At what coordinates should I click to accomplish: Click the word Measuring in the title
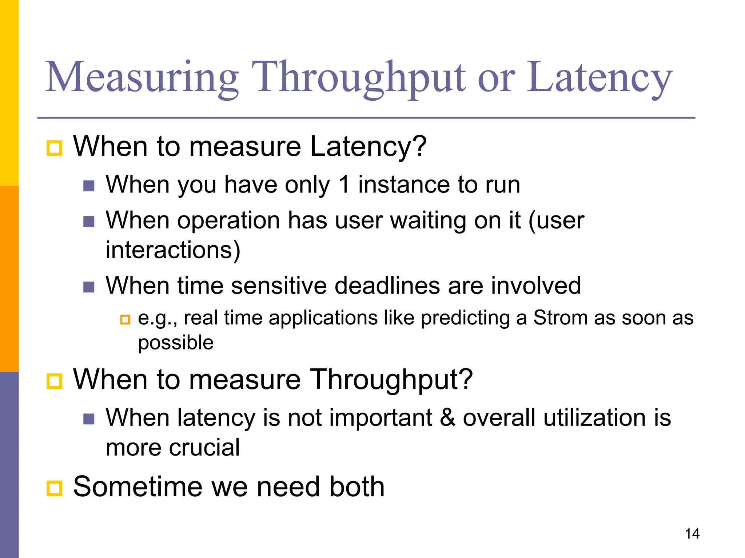142,78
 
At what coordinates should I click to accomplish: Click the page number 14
692,534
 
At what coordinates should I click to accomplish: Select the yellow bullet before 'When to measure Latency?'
55,148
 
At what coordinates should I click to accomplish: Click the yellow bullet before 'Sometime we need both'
55,488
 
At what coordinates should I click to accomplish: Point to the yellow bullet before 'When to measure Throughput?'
55,381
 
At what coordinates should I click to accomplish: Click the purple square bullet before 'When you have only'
89,186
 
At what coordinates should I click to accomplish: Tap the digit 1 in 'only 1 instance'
344,185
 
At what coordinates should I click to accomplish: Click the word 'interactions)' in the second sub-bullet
173,250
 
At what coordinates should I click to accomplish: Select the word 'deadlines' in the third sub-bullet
387,286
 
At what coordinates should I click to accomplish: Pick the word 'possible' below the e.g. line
176,343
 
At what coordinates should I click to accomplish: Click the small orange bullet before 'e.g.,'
125,320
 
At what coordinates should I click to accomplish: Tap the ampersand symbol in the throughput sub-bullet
447,417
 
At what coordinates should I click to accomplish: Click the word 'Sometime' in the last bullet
138,487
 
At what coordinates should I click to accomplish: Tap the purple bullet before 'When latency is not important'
89,419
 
